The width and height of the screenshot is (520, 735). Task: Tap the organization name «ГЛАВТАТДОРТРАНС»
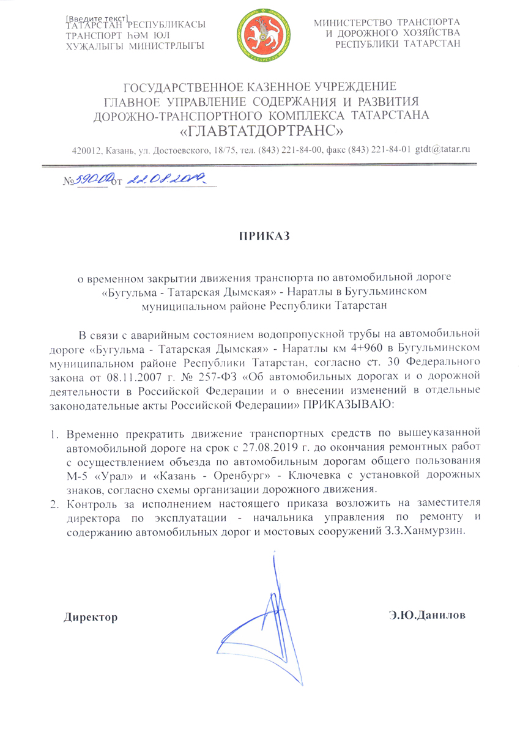click(259, 130)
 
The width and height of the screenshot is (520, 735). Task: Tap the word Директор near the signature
click(92, 616)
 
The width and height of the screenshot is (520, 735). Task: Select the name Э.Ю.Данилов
click(427, 615)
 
